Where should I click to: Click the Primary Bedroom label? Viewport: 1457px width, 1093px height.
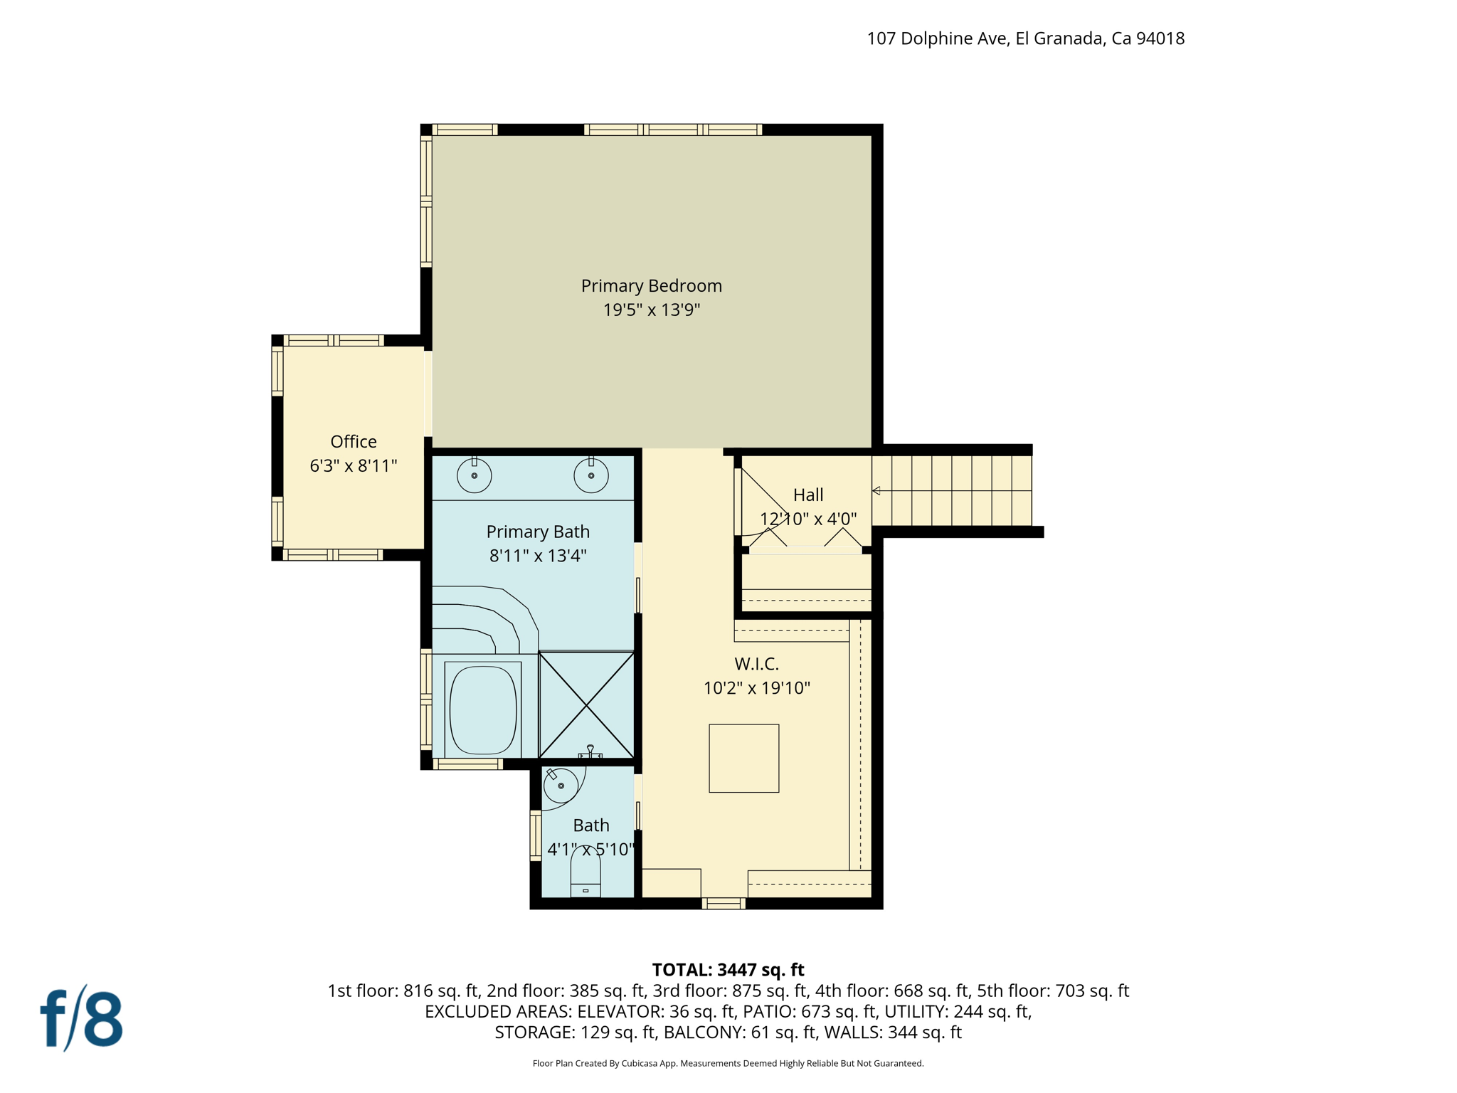point(651,285)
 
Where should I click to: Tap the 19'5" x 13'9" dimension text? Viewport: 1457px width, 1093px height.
point(651,310)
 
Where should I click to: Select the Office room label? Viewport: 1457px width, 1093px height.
point(353,442)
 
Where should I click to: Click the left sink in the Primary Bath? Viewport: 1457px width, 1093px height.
point(474,475)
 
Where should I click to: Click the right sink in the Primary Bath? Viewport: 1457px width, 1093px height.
point(590,475)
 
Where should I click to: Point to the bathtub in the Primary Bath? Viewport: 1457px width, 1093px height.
point(483,709)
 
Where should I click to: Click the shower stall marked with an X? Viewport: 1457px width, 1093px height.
point(586,704)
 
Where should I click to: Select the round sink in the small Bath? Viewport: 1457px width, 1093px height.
point(561,786)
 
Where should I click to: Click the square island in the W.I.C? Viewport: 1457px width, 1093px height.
point(743,758)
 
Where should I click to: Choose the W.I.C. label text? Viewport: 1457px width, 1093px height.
point(756,664)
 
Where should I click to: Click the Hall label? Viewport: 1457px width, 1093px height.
point(808,495)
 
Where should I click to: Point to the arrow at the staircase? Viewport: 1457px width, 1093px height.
point(876,490)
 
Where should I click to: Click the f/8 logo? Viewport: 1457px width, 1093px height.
point(81,1018)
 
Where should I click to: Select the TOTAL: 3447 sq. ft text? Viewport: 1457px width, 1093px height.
point(728,970)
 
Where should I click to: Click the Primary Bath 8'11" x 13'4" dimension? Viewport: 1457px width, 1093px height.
point(537,556)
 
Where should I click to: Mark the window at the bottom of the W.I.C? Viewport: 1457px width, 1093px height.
point(723,903)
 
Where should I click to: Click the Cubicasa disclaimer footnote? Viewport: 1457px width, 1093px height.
point(728,1063)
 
